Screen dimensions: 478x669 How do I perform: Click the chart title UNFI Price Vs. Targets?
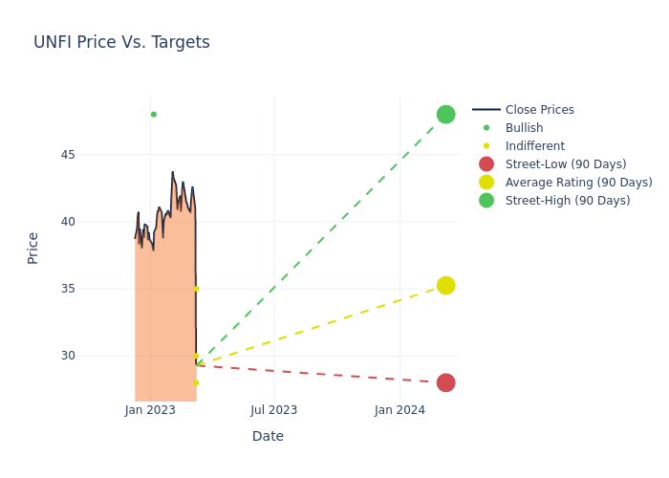click(x=121, y=43)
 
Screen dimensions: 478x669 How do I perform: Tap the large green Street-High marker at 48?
click(x=445, y=115)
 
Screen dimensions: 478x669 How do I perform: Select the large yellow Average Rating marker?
click(x=445, y=286)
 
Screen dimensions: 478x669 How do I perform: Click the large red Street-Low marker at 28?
click(x=445, y=382)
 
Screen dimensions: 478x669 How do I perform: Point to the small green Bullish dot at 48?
click(x=153, y=115)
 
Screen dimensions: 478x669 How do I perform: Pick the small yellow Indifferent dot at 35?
click(x=196, y=289)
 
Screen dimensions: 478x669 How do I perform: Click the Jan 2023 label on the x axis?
click(x=150, y=410)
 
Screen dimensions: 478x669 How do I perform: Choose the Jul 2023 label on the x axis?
click(x=274, y=410)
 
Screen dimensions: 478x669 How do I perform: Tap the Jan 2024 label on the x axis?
click(x=399, y=410)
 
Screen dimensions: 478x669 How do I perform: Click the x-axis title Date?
click(x=268, y=436)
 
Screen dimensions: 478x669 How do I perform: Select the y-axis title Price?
click(x=33, y=248)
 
